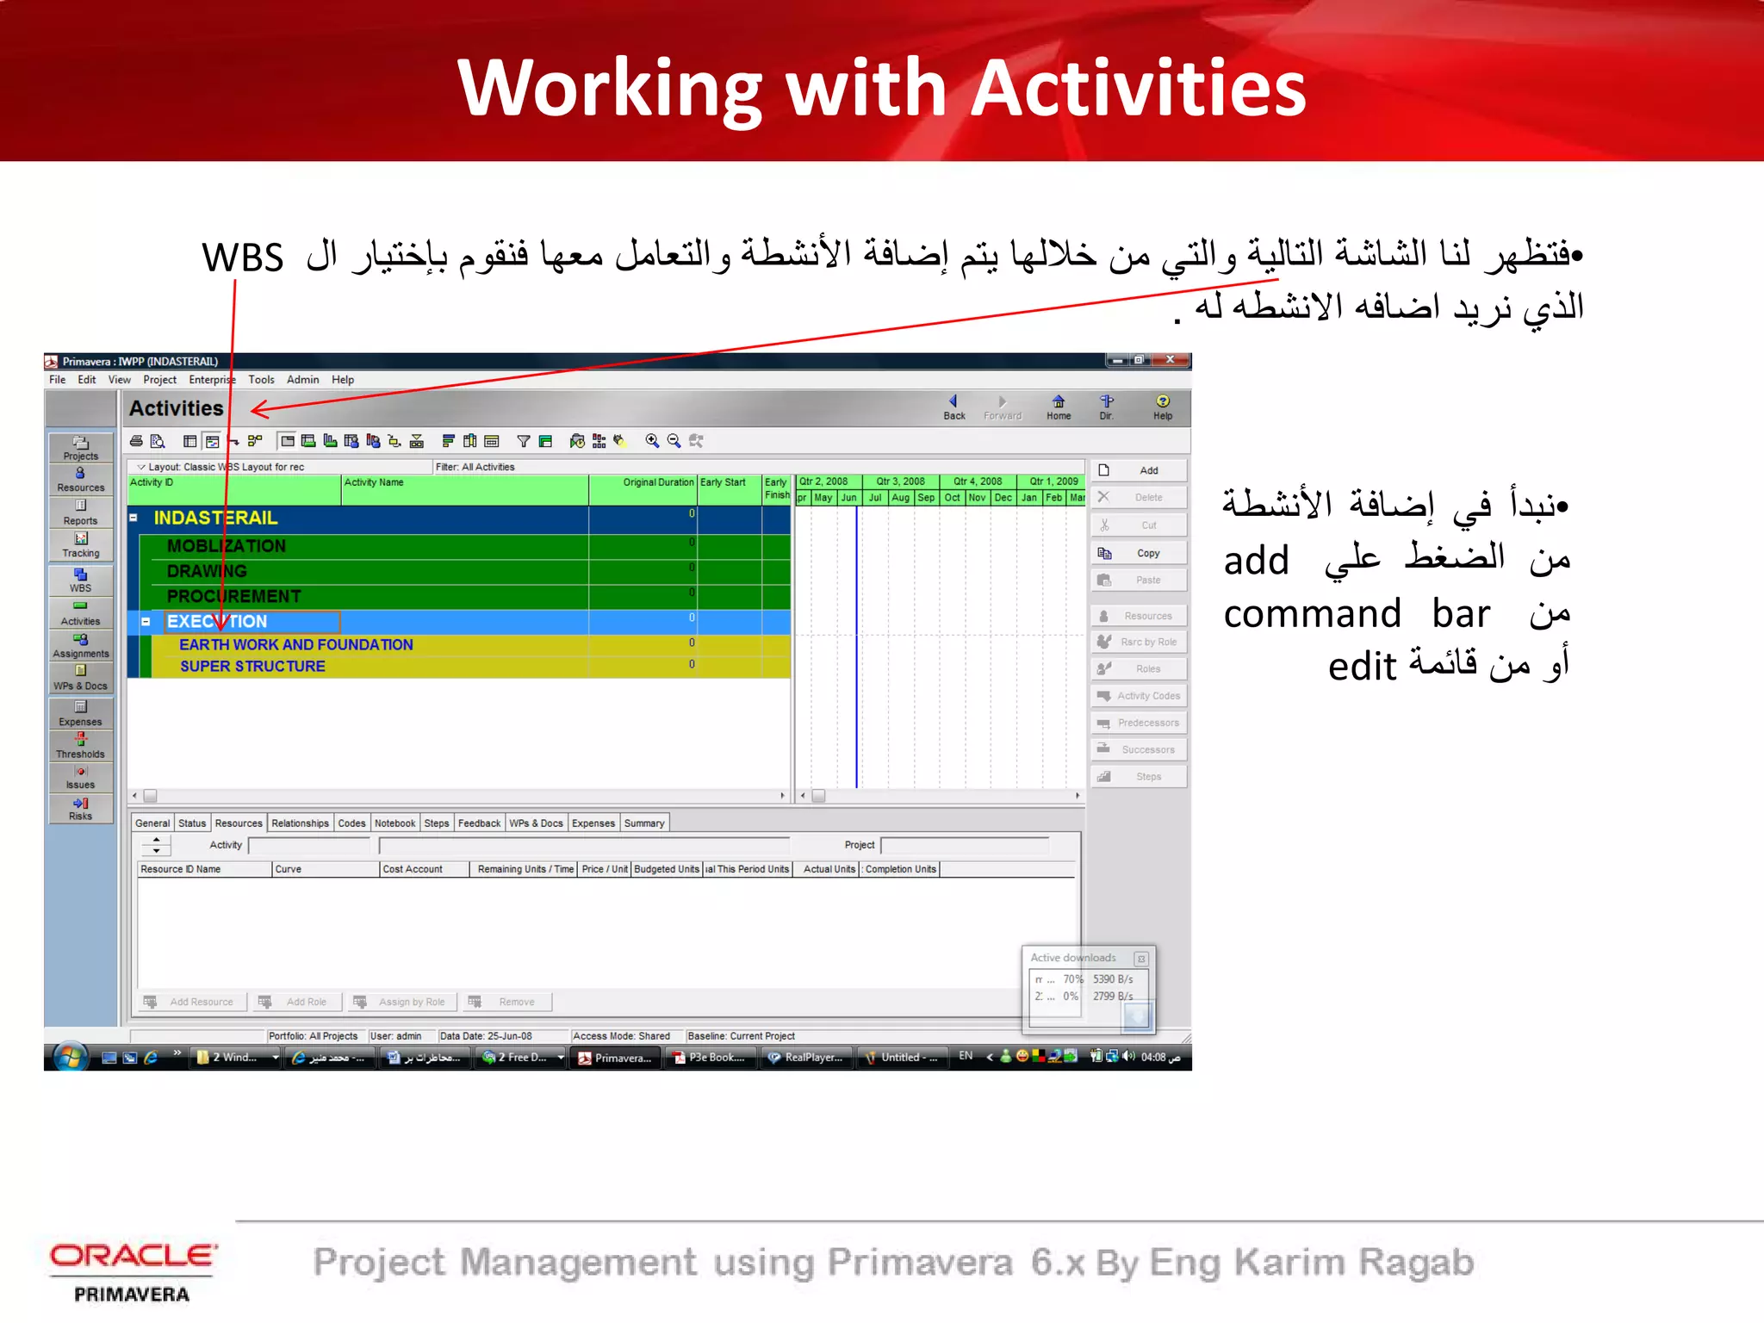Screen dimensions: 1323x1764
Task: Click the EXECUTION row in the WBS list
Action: click(x=217, y=621)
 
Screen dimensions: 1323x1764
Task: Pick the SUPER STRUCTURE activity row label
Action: click(x=252, y=666)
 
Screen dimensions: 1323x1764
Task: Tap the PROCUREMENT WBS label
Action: click(x=233, y=596)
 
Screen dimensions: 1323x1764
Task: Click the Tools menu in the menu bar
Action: click(x=261, y=380)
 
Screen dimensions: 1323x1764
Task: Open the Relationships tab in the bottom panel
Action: click(x=300, y=823)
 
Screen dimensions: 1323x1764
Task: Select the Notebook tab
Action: click(x=394, y=823)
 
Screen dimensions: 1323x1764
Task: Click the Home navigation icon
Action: click(x=1059, y=407)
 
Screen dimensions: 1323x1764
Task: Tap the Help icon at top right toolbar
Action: click(x=1162, y=407)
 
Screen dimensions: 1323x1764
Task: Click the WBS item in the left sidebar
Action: click(x=80, y=580)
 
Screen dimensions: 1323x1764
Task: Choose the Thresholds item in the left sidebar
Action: click(x=80, y=746)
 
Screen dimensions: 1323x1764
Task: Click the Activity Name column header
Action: click(x=374, y=482)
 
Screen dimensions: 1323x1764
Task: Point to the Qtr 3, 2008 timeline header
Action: click(x=900, y=481)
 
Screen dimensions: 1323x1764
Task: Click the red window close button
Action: click(x=1170, y=360)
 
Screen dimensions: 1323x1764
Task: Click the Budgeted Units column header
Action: click(x=666, y=869)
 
